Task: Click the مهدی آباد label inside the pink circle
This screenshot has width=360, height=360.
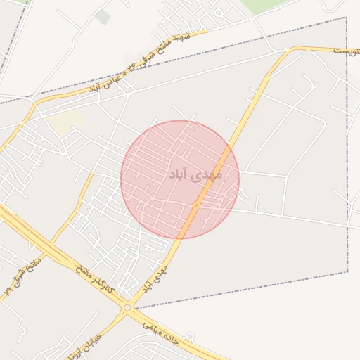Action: click(195, 173)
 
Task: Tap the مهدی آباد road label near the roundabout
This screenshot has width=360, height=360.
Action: click(155, 278)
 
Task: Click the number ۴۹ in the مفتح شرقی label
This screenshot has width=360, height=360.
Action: click(8, 289)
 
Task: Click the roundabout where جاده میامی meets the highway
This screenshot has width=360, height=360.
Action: click(127, 308)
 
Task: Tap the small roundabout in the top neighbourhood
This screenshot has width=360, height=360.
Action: click(219, 12)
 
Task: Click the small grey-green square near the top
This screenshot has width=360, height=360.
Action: click(103, 17)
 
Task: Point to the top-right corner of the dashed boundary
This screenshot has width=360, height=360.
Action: click(347, 18)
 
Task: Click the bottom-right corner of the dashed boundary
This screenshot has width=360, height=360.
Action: click(347, 272)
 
